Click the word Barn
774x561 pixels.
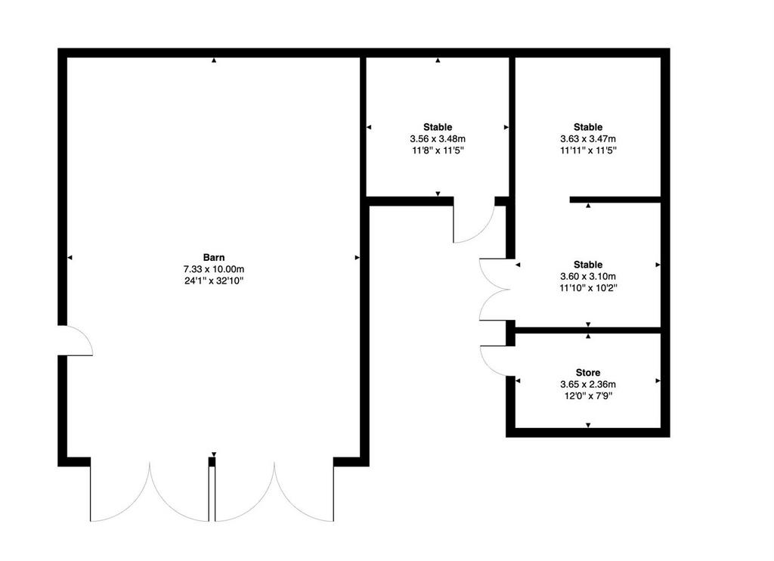[214, 257]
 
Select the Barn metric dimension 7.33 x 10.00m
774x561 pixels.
[214, 269]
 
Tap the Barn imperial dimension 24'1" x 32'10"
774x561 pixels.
[214, 281]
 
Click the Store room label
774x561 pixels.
[588, 372]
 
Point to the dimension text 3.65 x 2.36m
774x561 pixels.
[588, 384]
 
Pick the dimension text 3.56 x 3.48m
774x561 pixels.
[438, 139]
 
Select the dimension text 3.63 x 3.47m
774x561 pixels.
[588, 139]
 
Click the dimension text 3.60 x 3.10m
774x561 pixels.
[588, 277]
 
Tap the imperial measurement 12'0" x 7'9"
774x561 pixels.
[588, 396]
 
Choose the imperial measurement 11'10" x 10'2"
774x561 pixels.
[588, 288]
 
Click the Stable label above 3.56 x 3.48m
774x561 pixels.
[438, 127]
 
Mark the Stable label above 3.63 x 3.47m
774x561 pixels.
[588, 127]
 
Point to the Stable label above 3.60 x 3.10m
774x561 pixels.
[588, 265]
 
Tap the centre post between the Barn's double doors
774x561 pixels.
[212, 489]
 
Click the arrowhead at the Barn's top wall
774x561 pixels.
[214, 60]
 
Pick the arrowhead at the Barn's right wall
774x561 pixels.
[358, 257]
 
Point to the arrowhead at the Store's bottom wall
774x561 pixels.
[588, 425]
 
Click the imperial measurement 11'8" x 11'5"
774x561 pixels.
[438, 150]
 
